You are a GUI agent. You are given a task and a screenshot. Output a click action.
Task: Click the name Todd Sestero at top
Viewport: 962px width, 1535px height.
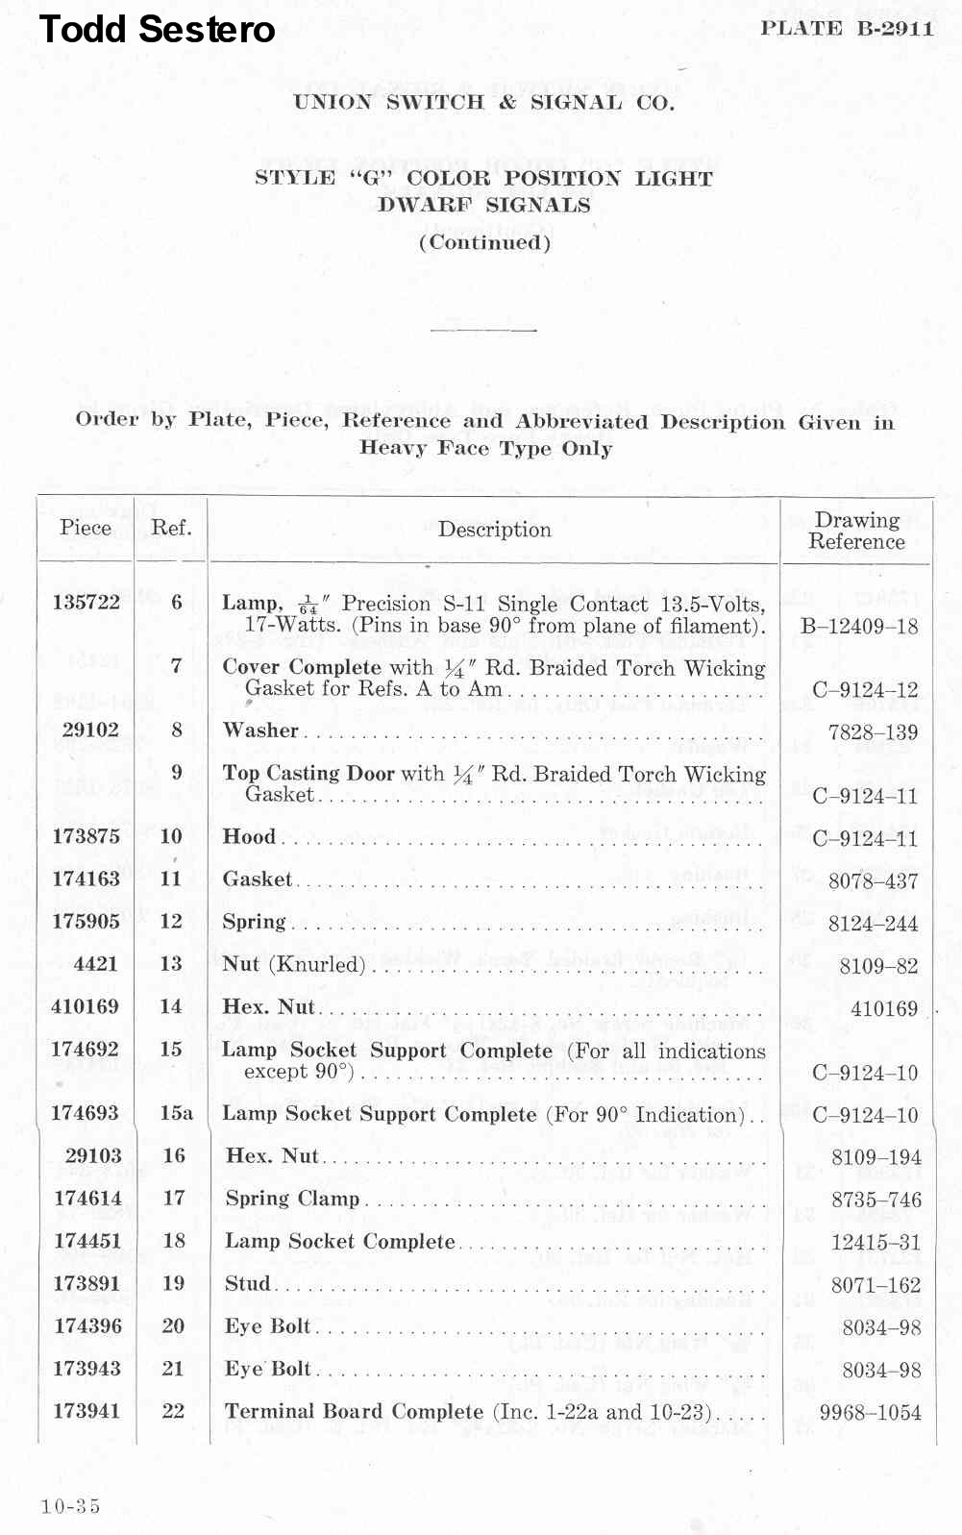(157, 30)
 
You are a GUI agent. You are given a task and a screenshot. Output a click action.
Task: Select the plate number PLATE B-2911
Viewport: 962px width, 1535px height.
(847, 28)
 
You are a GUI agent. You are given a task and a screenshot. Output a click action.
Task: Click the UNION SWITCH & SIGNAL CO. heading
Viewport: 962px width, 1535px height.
(483, 103)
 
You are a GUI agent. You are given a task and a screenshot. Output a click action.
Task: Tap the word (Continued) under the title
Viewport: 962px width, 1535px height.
(484, 242)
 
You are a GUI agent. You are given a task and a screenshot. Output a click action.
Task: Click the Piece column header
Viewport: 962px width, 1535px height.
(86, 527)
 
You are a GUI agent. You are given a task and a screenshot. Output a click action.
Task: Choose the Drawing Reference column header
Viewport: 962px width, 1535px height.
(856, 531)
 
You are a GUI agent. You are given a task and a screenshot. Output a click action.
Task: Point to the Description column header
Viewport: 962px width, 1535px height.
(494, 530)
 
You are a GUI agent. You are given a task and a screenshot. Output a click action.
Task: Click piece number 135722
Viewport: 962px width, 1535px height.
(86, 602)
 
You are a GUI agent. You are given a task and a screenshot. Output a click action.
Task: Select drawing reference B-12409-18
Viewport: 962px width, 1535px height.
(859, 627)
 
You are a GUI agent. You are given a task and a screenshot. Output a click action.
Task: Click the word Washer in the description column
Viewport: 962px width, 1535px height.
(260, 730)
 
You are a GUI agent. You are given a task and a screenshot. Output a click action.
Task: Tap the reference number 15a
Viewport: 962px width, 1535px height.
(176, 1113)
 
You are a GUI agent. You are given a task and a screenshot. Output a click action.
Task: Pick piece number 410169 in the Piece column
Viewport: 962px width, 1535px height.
(85, 1006)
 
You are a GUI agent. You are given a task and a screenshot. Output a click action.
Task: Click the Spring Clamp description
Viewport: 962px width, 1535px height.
(292, 1199)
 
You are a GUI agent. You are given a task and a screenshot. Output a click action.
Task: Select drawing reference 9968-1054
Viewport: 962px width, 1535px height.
(870, 1413)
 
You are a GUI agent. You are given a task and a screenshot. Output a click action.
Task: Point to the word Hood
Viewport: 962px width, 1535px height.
(249, 836)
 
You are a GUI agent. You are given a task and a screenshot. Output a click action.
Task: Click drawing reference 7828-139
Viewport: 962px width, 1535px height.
(873, 732)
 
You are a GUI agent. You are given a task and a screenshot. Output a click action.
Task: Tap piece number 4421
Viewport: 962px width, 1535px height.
(95, 963)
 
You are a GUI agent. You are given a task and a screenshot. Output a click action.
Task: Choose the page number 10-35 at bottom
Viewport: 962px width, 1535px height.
(70, 1506)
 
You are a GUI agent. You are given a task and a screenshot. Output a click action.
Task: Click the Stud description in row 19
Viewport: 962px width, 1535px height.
(248, 1284)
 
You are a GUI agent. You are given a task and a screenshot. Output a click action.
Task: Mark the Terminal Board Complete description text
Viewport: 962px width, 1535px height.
(354, 1411)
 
